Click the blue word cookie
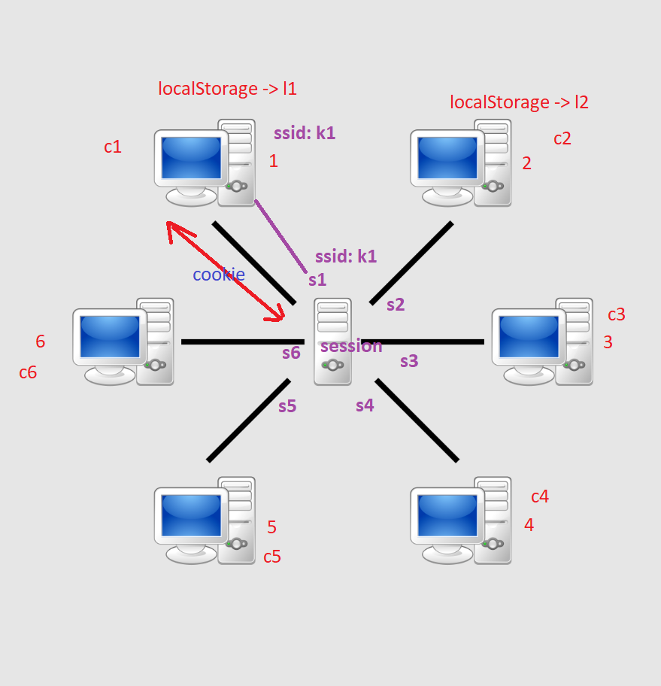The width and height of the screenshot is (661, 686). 218,275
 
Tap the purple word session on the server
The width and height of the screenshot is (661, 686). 351,346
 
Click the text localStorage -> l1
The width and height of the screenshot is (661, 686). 227,89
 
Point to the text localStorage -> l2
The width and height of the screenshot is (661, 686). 519,102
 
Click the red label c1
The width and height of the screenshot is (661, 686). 113,147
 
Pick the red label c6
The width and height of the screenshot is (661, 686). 28,372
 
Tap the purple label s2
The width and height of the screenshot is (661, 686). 396,305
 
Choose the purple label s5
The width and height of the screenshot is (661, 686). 287,406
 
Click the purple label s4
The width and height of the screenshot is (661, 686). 365,405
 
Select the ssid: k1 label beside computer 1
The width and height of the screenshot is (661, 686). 305,133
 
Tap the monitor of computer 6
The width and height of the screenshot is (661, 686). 109,337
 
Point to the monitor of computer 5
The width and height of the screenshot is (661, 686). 191,517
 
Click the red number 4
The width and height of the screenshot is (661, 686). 529,525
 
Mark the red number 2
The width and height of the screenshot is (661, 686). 526,163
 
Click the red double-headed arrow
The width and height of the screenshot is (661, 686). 225,272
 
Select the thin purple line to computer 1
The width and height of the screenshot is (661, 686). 280,235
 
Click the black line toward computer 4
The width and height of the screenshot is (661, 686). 417,420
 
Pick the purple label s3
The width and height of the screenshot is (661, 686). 408,361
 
